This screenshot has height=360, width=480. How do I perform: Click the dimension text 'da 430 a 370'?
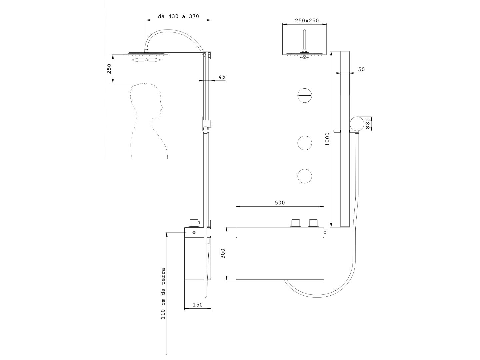(x=178, y=16)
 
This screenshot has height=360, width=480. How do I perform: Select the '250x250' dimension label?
(x=307, y=21)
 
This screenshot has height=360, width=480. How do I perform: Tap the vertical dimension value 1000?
(x=327, y=139)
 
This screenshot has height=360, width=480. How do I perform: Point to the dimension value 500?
(x=280, y=203)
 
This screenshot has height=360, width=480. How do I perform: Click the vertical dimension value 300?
(x=223, y=254)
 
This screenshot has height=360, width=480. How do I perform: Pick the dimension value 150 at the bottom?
(x=198, y=305)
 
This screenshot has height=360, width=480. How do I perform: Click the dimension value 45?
(x=222, y=77)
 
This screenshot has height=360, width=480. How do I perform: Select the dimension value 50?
(x=361, y=70)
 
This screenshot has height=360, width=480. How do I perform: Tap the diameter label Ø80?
(x=368, y=124)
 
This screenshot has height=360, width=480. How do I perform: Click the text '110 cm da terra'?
(x=163, y=293)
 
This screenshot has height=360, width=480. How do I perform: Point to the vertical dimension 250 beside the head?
(x=109, y=69)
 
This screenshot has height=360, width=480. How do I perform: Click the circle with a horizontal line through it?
(x=304, y=95)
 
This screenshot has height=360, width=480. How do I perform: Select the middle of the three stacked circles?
(x=304, y=143)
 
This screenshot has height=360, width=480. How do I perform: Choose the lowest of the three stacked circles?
(x=304, y=176)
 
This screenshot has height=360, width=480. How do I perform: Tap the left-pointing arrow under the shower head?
(x=138, y=60)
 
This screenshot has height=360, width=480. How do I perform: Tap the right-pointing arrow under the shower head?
(x=155, y=60)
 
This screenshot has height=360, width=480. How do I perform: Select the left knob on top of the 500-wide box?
(x=296, y=223)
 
